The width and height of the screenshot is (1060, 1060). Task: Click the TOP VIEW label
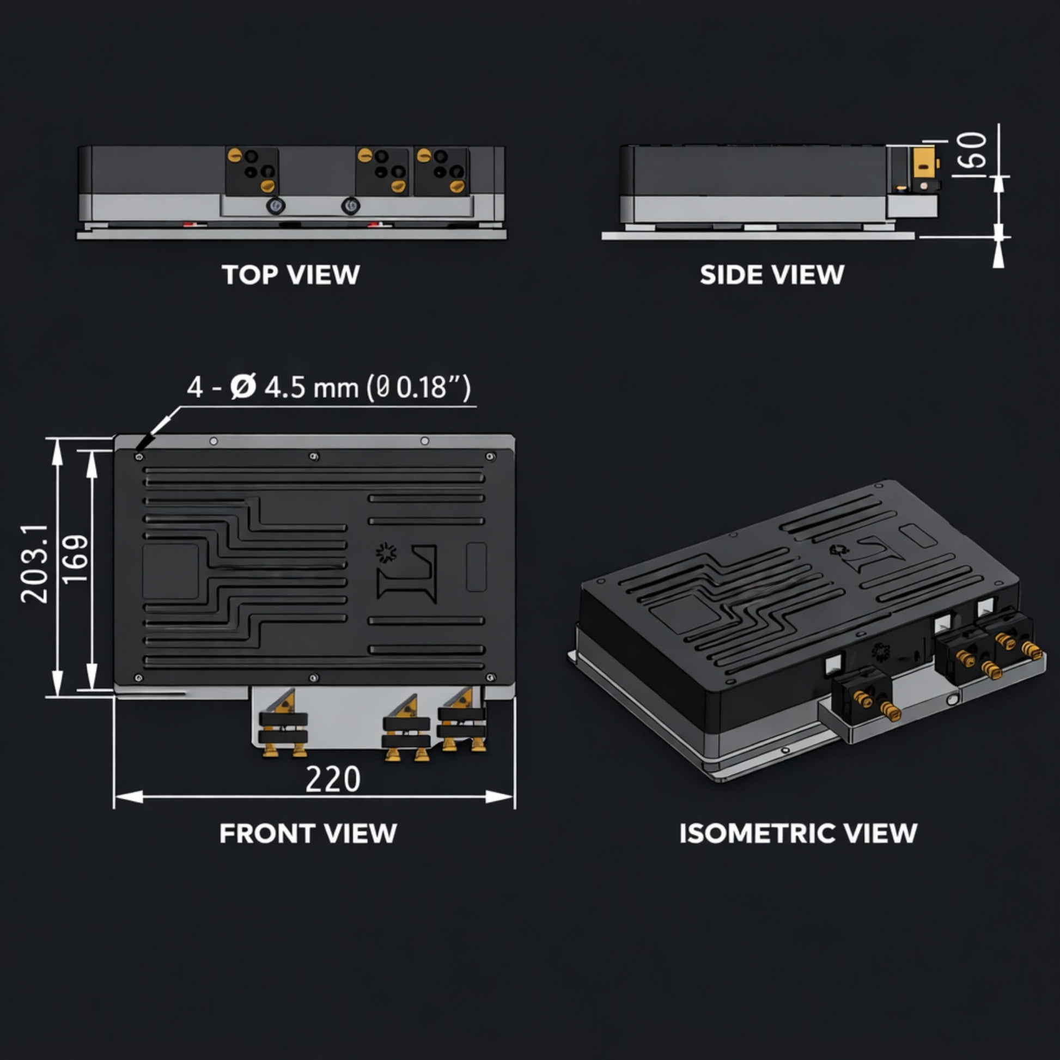[290, 275]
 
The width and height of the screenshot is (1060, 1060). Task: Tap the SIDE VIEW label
[771, 275]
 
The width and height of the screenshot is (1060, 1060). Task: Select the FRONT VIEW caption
[308, 833]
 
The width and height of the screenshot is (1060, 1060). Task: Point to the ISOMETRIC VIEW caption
[798, 833]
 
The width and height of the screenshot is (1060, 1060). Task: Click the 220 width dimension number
[332, 779]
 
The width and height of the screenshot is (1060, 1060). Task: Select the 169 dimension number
[75, 558]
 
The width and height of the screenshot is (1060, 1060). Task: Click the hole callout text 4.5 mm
[311, 387]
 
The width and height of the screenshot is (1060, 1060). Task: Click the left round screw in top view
[275, 206]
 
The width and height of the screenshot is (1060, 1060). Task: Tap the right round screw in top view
[350, 206]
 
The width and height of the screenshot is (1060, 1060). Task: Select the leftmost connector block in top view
[252, 170]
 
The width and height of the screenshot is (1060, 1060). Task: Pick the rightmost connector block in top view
[441, 170]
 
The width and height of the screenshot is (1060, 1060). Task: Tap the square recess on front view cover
[170, 571]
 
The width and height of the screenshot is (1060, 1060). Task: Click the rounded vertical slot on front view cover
[476, 566]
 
